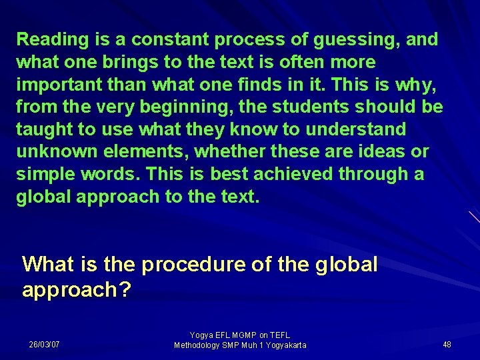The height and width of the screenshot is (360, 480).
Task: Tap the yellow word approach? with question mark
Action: click(x=77, y=291)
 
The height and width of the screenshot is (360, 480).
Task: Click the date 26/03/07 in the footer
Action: click(x=44, y=345)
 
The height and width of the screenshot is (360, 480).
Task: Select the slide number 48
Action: click(x=447, y=345)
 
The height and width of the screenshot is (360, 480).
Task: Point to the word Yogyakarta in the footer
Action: click(x=283, y=345)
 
